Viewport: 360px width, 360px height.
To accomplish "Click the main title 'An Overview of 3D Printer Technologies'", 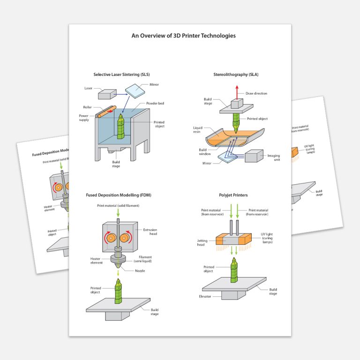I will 183,36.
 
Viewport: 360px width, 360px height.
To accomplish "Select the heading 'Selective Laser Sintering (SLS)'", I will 121,75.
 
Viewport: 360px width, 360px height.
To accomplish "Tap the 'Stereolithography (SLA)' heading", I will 236,75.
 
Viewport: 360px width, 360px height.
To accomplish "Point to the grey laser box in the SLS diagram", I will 107,94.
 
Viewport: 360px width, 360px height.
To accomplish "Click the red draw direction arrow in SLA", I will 237,91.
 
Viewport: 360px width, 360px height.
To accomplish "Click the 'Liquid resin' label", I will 198,129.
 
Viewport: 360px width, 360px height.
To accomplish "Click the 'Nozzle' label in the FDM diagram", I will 153,271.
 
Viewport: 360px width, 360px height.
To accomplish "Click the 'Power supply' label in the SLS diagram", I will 84,117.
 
